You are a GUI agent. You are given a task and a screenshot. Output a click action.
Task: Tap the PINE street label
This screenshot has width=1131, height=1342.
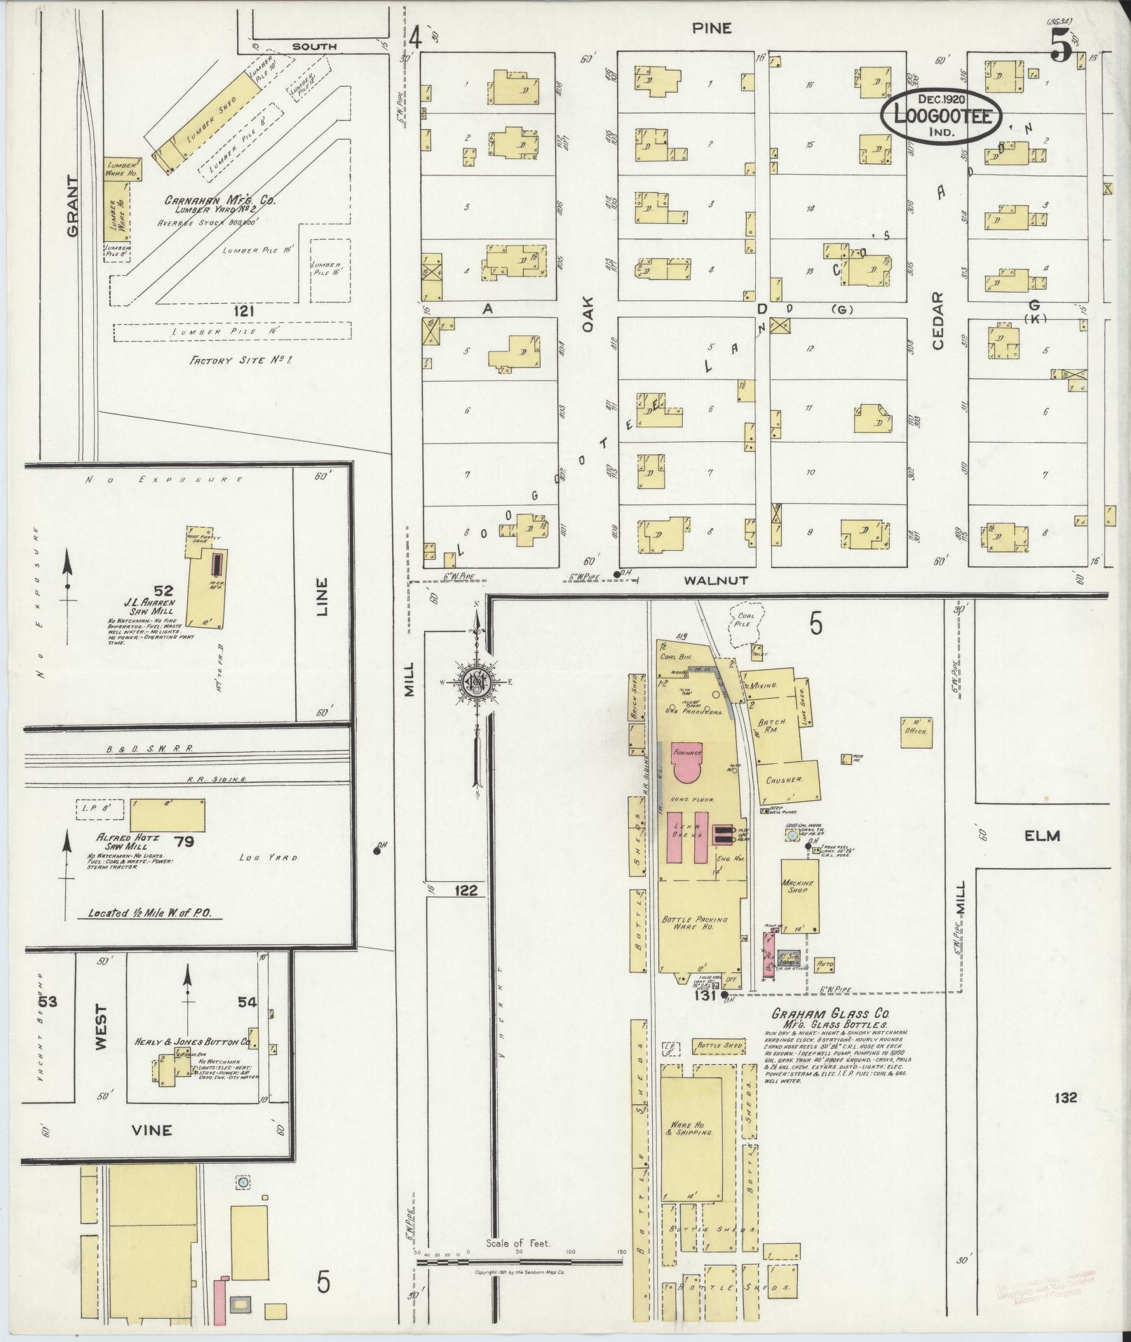pyautogui.click(x=712, y=28)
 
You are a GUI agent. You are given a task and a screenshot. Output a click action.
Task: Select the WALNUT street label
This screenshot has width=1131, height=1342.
pyautogui.click(x=707, y=580)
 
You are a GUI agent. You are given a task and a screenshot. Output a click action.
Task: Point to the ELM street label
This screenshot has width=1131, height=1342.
pyautogui.click(x=1041, y=836)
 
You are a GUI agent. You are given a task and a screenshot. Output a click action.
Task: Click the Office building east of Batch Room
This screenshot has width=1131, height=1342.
pyautogui.click(x=916, y=731)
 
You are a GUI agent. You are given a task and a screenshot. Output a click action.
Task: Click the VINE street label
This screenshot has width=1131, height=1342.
pyautogui.click(x=152, y=1129)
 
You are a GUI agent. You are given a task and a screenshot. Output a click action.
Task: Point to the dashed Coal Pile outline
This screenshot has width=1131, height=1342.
pyautogui.click(x=742, y=624)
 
